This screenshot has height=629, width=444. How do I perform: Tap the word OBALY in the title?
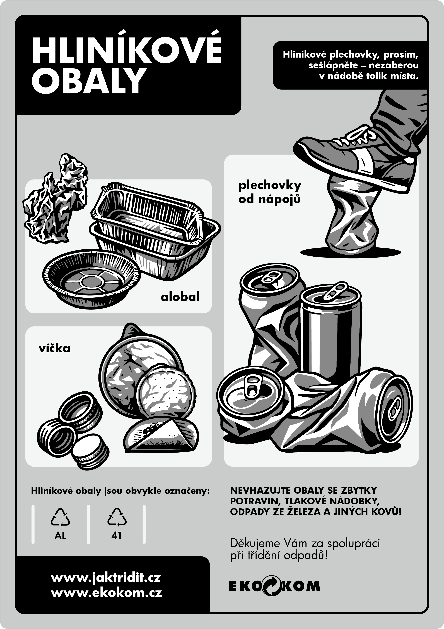coord(88,81)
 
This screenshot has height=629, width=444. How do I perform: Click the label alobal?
coord(180,297)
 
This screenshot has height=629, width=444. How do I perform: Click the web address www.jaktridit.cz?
coord(106,578)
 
